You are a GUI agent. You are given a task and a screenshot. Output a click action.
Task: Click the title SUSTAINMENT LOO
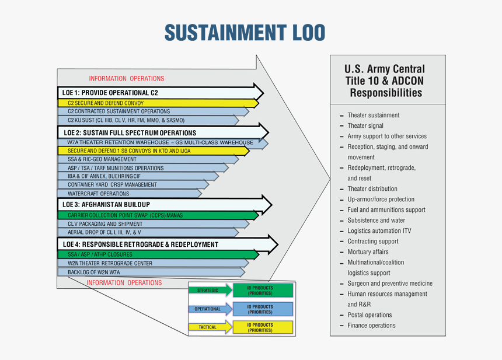pyautogui.click(x=245, y=33)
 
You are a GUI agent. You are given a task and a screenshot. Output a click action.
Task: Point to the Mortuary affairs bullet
pyautogui.click(x=368, y=252)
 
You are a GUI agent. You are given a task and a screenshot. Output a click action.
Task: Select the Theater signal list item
pyautogui.click(x=365, y=126)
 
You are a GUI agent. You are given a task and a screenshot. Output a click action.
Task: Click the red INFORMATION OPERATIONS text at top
pyautogui.click(x=127, y=79)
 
